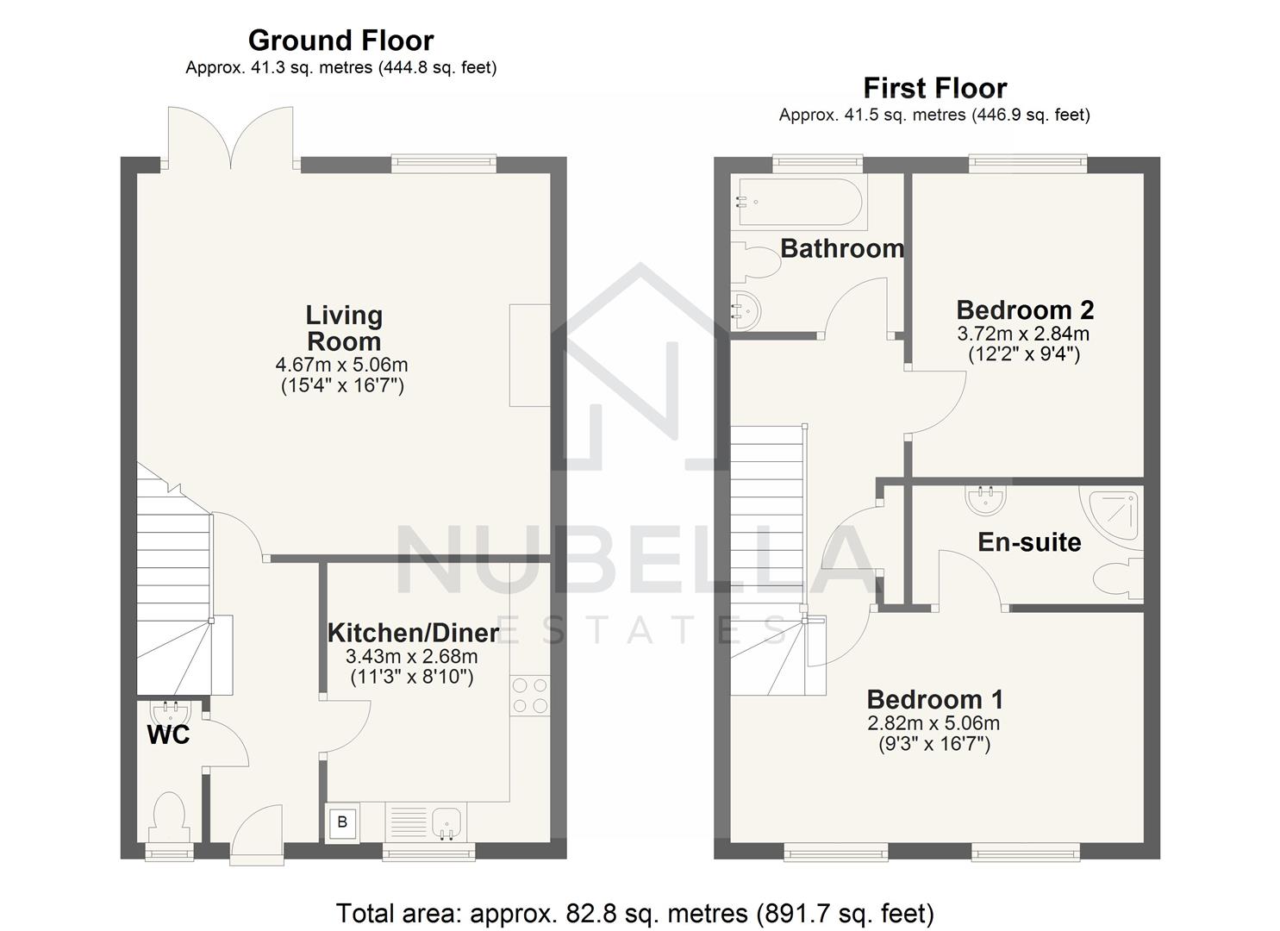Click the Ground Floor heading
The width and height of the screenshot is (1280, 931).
pyautogui.click(x=340, y=41)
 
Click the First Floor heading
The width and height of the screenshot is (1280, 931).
pyautogui.click(x=934, y=88)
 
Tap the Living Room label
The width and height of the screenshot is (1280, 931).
pyautogui.click(x=344, y=328)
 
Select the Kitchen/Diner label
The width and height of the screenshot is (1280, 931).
pyautogui.click(x=413, y=633)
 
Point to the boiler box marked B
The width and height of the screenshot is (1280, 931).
pyautogui.click(x=342, y=822)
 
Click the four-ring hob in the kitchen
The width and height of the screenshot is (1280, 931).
pyautogui.click(x=530, y=696)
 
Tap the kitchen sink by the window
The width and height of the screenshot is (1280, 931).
pyautogui.click(x=446, y=822)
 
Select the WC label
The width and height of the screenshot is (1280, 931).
pyautogui.click(x=168, y=735)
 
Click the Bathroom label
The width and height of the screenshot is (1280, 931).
pyautogui.click(x=842, y=248)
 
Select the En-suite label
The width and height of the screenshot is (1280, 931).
pyautogui.click(x=1029, y=542)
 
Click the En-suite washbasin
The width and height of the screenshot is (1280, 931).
pyautogui.click(x=985, y=497)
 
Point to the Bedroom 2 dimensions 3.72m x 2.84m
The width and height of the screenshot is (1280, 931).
pyautogui.click(x=1023, y=334)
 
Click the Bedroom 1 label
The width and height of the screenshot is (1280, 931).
pyautogui.click(x=934, y=699)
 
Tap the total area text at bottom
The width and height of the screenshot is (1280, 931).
pyautogui.click(x=634, y=913)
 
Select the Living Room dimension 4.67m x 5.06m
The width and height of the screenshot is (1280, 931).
pyautogui.click(x=342, y=366)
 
